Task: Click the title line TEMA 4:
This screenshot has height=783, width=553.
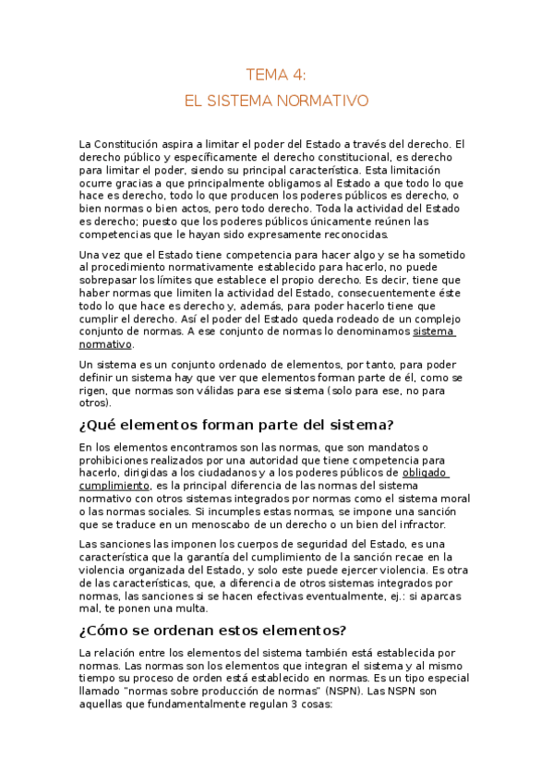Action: click(276, 75)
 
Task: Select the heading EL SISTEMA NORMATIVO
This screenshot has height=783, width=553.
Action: click(276, 100)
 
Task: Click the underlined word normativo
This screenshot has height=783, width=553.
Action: click(106, 344)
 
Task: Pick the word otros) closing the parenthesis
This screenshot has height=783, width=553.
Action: click(96, 403)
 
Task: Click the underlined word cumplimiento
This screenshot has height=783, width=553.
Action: click(114, 486)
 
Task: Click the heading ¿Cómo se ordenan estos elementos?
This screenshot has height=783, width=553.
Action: click(213, 631)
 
